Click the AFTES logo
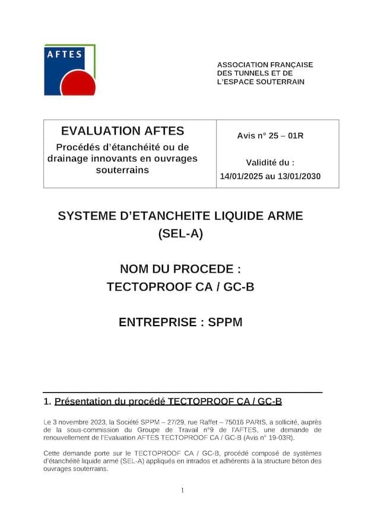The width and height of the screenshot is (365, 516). [69, 69]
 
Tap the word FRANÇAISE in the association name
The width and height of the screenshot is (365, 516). [290, 65]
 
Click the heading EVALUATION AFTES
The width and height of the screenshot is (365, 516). [123, 131]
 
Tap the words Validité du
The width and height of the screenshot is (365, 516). [270, 162]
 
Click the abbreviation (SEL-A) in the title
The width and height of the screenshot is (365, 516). [180, 233]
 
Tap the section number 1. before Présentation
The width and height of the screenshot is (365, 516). [47, 402]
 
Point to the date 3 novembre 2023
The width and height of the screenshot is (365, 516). [78, 421]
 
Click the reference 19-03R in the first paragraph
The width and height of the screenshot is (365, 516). [275, 438]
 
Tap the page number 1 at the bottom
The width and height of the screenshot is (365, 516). [182, 490]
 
